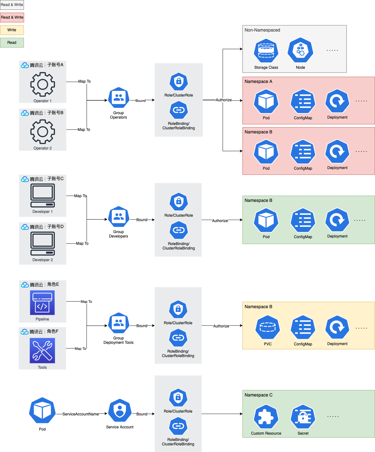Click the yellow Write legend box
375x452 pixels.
[12, 30]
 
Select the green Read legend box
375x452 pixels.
[12, 43]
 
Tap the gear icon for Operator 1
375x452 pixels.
[43, 84]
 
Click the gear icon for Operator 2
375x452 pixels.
[43, 132]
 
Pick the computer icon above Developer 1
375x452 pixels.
[43, 196]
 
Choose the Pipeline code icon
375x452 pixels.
[42, 303]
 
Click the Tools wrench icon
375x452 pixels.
[42, 350]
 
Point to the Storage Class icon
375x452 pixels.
[266, 51]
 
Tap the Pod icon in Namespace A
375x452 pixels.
[266, 102]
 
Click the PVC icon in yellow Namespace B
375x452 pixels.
[268, 328]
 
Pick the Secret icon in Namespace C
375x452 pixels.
[303, 417]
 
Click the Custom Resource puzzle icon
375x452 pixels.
[266, 417]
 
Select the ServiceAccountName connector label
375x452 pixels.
[81, 414]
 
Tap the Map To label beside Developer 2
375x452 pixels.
[82, 244]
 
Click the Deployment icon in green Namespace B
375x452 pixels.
[337, 220]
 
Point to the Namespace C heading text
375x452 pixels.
[259, 395]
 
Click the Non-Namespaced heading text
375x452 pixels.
[262, 30]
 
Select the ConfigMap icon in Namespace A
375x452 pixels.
[303, 102]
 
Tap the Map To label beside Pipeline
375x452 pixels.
[86, 302]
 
